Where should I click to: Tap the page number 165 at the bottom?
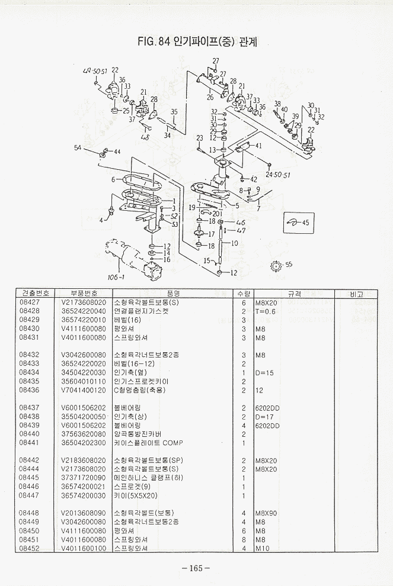coord(196,568)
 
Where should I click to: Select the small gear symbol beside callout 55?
coord(275,266)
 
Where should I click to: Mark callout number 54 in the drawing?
coord(78,147)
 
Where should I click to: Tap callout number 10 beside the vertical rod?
coord(234,243)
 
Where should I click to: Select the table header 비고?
coord(356,294)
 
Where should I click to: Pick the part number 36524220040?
coord(84,311)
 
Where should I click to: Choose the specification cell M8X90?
coord(266,513)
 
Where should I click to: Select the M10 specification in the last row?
coord(262,548)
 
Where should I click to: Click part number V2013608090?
coord(84,513)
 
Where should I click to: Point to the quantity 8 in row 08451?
coord(244,539)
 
